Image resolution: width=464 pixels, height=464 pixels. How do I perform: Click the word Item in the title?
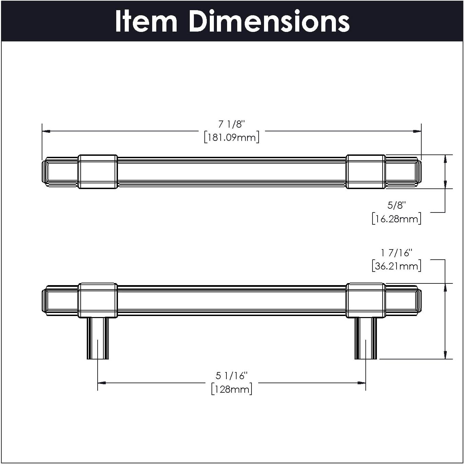pos(146,21)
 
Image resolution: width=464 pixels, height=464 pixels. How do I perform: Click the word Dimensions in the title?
pos(269,21)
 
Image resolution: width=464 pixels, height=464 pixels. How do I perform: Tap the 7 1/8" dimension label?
pos(231,124)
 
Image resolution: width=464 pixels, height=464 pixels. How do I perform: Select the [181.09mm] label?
pos(231,137)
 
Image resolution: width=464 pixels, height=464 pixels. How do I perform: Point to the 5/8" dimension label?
pos(397,205)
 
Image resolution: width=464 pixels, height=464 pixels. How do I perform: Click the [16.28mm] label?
pos(397,219)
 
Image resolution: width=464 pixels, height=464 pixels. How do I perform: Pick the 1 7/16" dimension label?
pos(397,253)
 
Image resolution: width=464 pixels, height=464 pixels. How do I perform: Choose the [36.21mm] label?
pos(397,266)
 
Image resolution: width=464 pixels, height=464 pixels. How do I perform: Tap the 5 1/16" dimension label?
pos(231,376)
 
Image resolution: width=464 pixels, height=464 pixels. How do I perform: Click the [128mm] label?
pos(231,389)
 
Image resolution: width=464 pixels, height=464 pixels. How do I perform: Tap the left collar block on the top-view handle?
pos(98,172)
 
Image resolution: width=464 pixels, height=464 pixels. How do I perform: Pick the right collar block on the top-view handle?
pos(366,172)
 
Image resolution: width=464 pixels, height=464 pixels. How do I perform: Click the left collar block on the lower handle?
pos(98,300)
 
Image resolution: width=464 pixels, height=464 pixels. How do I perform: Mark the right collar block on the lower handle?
pos(366,300)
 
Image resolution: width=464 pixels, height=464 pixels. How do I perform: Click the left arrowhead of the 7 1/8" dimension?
pos(46,131)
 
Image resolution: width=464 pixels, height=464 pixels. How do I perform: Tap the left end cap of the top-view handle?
pos(45,172)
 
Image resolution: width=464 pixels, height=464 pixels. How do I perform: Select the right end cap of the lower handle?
pos(419,300)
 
